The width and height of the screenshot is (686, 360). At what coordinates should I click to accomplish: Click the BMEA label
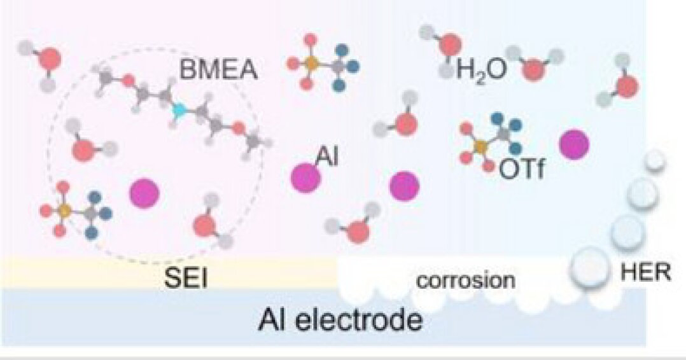coord(219,68)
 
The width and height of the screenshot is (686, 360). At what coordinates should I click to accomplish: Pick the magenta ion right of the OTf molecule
coord(574,144)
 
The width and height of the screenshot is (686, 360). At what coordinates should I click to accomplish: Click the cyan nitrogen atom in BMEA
coord(180,111)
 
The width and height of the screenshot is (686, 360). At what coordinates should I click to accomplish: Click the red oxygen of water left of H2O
coord(451,46)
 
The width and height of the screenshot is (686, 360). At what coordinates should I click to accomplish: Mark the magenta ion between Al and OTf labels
coord(405,186)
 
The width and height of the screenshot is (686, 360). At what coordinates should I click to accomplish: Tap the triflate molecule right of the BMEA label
coord(322,64)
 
